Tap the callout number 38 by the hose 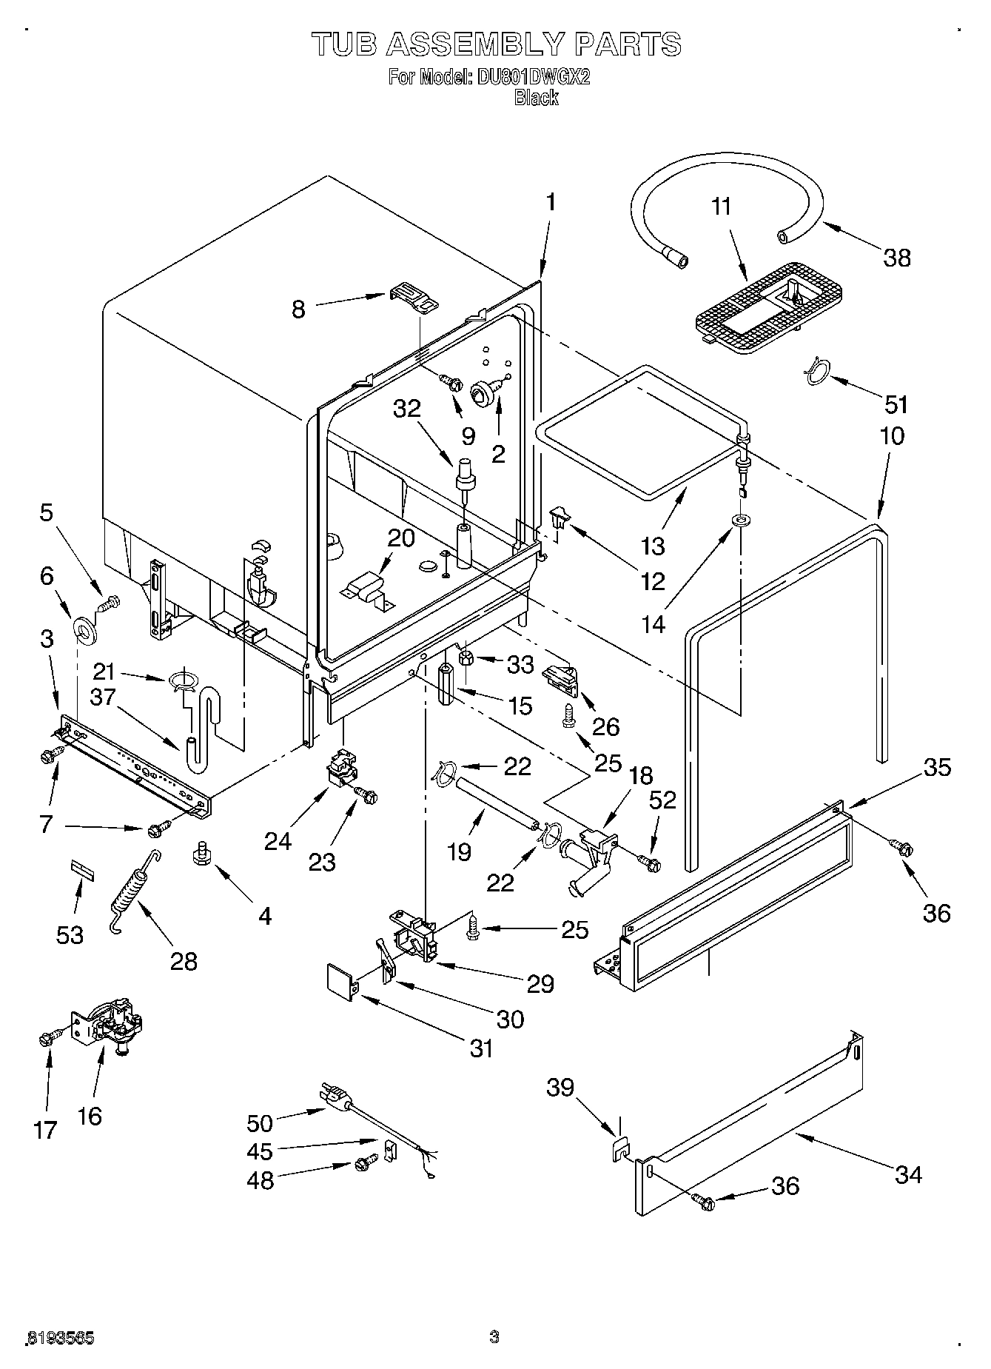click(x=896, y=258)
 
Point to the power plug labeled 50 click(x=335, y=1097)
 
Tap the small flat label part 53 click(x=83, y=869)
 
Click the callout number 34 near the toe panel click(x=907, y=1174)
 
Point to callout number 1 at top click(x=550, y=201)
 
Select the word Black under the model click(x=536, y=98)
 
